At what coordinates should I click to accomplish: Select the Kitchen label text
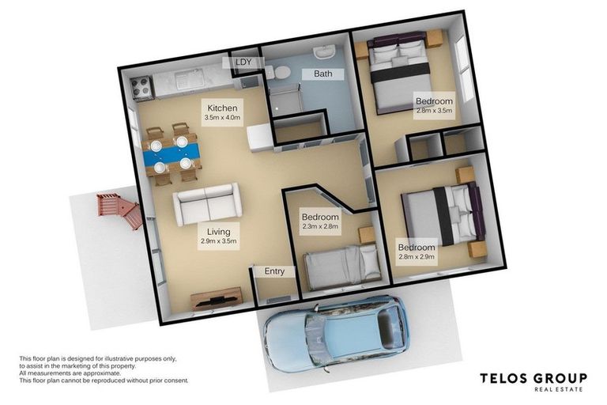point(222,108)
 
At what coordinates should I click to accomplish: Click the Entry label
point(274,271)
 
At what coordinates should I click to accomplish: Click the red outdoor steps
point(119,210)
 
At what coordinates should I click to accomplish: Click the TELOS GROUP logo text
point(533,378)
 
